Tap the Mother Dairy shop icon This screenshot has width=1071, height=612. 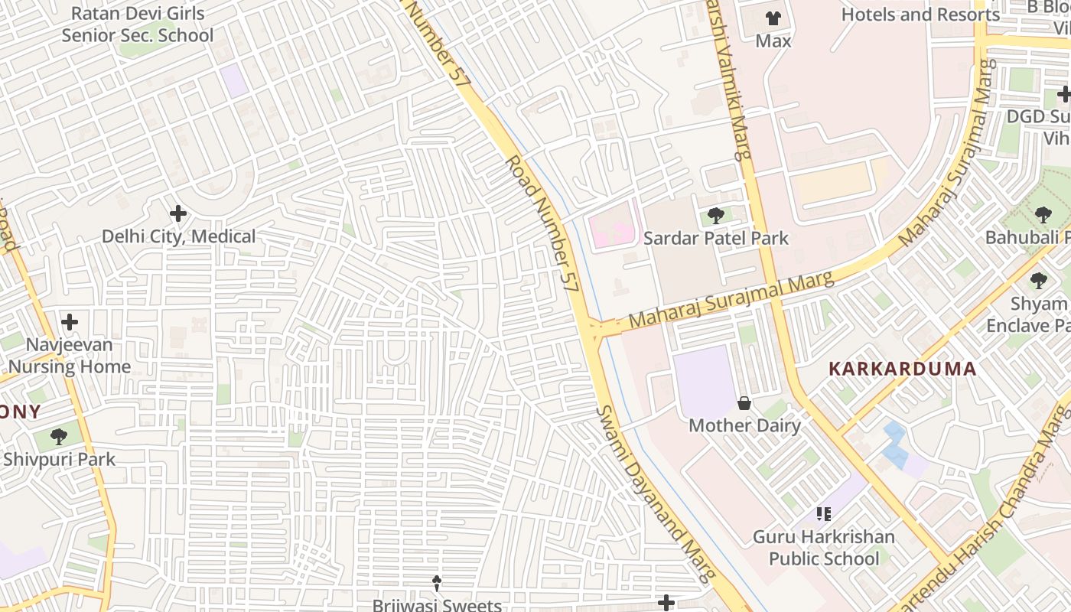(x=744, y=403)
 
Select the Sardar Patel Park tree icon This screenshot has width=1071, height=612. (x=716, y=216)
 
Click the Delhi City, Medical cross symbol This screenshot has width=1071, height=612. (x=178, y=213)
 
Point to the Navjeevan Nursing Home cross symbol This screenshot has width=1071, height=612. (x=70, y=321)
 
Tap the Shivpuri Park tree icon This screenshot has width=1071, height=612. (x=59, y=437)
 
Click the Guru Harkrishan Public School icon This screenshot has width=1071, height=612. (x=823, y=514)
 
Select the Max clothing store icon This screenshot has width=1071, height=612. (x=773, y=18)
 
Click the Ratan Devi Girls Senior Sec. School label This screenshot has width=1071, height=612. (x=138, y=24)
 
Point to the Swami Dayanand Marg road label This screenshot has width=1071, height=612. (x=656, y=493)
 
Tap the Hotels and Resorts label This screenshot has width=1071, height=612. (x=920, y=15)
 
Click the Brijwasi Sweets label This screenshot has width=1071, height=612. (x=437, y=605)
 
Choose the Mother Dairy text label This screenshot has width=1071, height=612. (x=744, y=425)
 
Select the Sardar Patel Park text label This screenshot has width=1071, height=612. (x=715, y=238)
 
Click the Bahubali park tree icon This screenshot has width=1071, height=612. (x=1043, y=215)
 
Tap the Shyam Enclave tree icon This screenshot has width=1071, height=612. (x=1038, y=281)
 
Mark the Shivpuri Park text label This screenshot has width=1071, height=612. (x=59, y=459)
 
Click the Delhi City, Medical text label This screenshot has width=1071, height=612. (x=179, y=236)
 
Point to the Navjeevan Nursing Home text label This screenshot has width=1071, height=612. (x=70, y=356)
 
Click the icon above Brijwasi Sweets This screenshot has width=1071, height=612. (x=437, y=584)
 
